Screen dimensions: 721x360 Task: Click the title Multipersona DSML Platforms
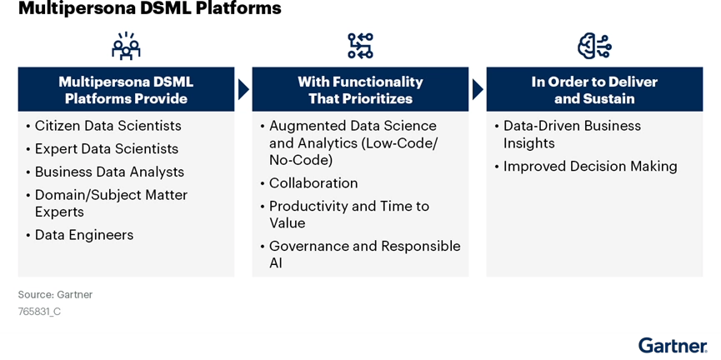click(x=149, y=9)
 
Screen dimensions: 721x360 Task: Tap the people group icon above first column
click(x=126, y=46)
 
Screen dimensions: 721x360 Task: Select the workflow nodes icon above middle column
click(x=360, y=46)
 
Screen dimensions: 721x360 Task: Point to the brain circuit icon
click(x=594, y=46)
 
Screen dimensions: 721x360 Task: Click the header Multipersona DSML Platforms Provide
click(x=126, y=90)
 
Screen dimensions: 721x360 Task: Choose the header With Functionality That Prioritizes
click(x=360, y=90)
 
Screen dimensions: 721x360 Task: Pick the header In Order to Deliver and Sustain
click(x=594, y=90)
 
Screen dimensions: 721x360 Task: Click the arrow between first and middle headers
click(x=243, y=89)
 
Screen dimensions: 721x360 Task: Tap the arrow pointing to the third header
click(x=478, y=89)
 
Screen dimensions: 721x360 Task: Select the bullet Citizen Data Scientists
click(x=108, y=126)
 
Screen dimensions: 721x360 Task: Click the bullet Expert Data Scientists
click(x=106, y=149)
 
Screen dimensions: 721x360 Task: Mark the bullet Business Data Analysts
click(x=109, y=172)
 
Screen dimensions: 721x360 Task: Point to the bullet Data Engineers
click(x=83, y=235)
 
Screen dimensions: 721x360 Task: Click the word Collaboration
click(x=313, y=183)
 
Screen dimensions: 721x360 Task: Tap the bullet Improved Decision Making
click(x=590, y=167)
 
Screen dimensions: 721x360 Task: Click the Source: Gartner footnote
click(x=55, y=295)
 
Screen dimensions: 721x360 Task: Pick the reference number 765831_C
click(x=39, y=312)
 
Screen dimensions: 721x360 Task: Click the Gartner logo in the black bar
click(x=672, y=346)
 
